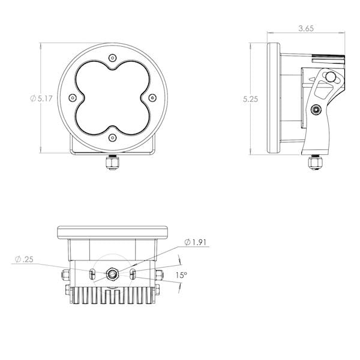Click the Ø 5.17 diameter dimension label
click(x=41, y=98)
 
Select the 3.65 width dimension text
click(x=306, y=28)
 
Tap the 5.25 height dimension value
click(x=250, y=99)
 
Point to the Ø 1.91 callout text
click(x=196, y=242)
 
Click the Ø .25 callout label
click(x=24, y=259)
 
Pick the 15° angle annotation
click(x=181, y=275)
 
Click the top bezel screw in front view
click(x=112, y=58)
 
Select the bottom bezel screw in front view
click(x=112, y=138)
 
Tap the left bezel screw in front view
click(x=73, y=98)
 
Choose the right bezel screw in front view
click(x=152, y=98)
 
